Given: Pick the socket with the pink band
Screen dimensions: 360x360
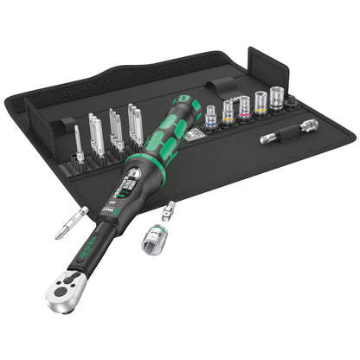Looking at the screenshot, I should (x=243, y=107).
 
